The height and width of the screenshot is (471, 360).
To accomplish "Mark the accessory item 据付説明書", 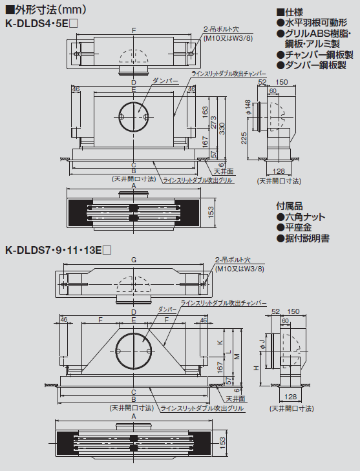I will [x=302, y=238].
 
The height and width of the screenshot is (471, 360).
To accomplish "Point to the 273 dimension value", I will [x=215, y=123].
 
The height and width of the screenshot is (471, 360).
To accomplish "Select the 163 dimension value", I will [x=206, y=110].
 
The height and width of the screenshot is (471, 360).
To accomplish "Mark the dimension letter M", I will [x=237, y=356].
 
